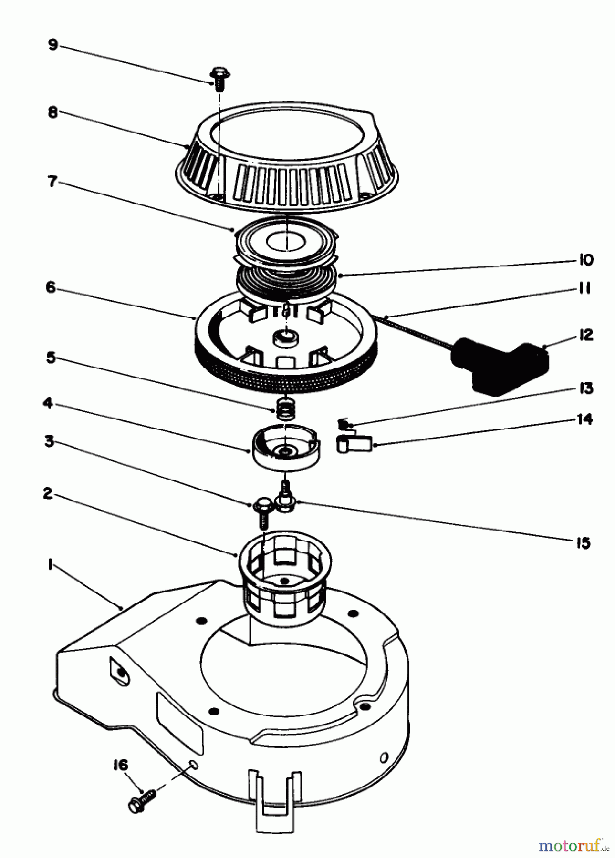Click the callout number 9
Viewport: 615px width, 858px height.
[52, 45]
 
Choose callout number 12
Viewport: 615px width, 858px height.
[585, 335]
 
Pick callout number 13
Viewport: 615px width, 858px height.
[585, 388]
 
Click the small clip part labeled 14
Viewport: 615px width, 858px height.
[354, 445]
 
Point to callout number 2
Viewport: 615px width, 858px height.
[48, 494]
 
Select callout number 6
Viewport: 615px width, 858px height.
[52, 288]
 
